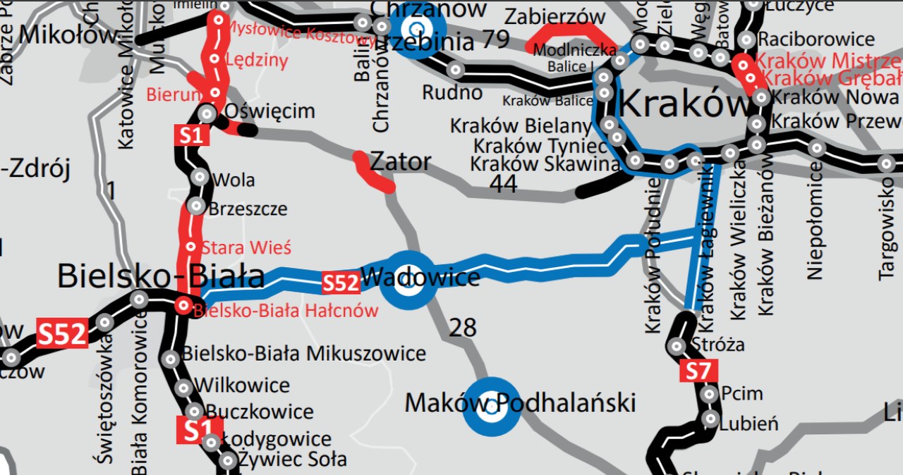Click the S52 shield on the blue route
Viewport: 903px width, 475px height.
pos(341,283)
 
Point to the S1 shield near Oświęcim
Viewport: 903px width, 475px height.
pos(190,135)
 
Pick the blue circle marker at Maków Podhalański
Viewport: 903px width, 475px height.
pos(492,407)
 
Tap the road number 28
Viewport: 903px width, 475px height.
pos(463,327)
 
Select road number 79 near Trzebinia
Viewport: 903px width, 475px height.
pos(496,40)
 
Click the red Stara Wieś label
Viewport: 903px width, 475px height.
pos(246,248)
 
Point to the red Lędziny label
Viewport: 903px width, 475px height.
pos(256,61)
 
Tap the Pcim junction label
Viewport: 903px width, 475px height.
pos(741,393)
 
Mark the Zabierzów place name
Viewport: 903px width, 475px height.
pos(554,16)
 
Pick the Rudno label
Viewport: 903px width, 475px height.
pos(452,92)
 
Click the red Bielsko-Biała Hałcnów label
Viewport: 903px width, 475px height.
pos(286,310)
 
